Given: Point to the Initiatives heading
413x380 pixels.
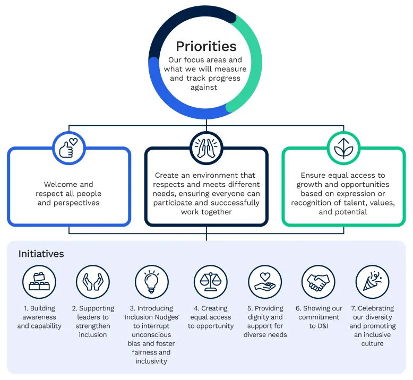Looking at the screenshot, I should pos(41,254).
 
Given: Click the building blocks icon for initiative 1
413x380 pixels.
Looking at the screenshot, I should pos(39,281).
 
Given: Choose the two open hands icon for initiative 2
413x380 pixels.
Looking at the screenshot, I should pos(92,281).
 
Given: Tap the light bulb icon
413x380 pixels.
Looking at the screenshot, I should pos(151,281).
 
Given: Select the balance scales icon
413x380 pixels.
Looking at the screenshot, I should pos(210,281).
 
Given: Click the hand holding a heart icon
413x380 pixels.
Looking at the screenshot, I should pos(265,281).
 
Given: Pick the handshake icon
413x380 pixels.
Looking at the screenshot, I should pos(319,281).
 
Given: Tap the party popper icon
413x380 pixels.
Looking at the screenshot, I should pos(372,281).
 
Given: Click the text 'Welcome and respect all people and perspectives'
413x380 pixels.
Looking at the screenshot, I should pos(68,194).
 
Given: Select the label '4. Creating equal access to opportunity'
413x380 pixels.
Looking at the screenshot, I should pos(210,317).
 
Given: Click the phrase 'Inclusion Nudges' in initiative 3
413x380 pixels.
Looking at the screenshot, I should pos(151,317).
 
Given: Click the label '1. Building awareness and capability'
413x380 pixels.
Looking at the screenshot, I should pos(39,317).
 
